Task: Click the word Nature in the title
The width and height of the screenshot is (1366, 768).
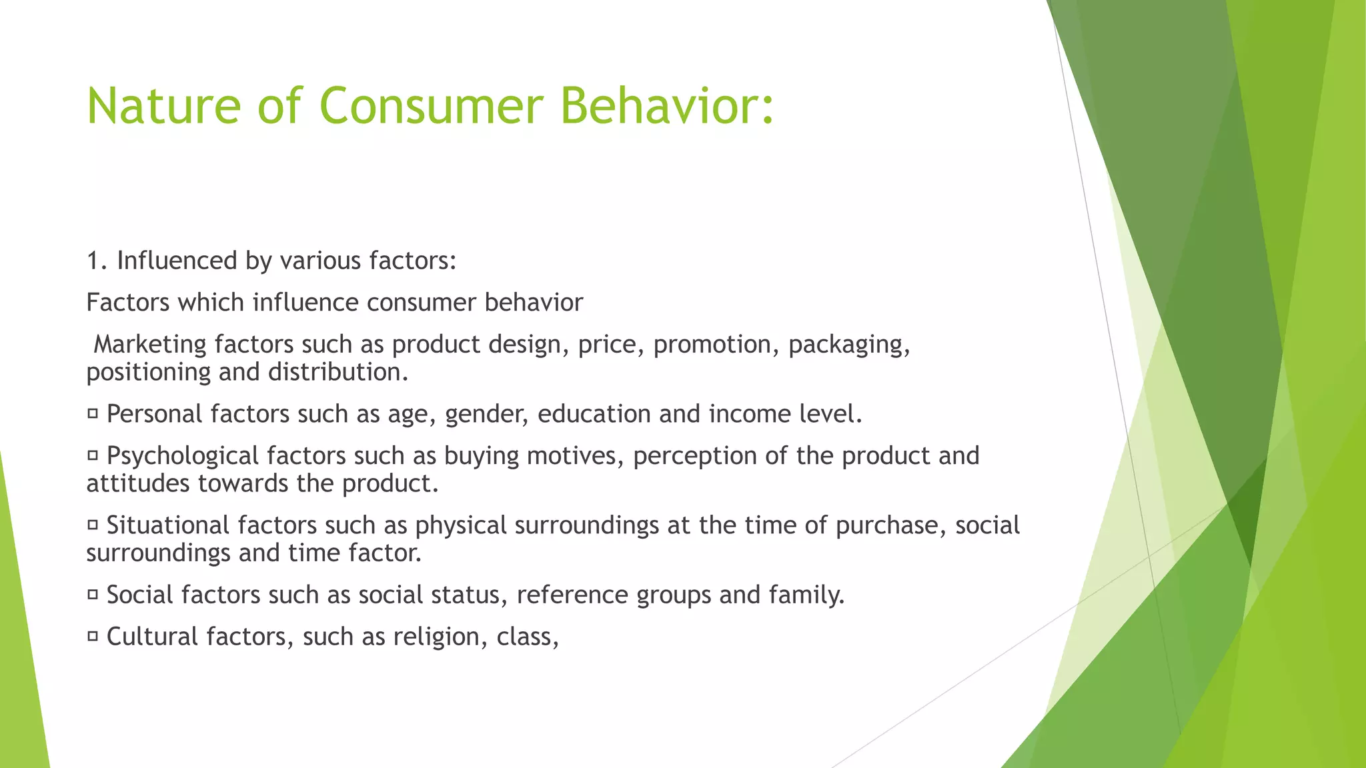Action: point(163,106)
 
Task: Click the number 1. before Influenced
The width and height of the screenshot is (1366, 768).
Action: point(97,261)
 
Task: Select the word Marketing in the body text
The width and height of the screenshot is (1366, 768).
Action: point(150,345)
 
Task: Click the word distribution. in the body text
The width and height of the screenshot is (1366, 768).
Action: point(338,372)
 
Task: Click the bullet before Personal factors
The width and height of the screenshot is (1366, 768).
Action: point(93,414)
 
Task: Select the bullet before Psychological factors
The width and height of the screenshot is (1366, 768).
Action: point(93,456)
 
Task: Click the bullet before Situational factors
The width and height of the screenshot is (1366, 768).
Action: point(93,525)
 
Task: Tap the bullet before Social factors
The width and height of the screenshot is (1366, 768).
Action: point(93,595)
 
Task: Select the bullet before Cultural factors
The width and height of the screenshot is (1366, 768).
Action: point(93,637)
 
